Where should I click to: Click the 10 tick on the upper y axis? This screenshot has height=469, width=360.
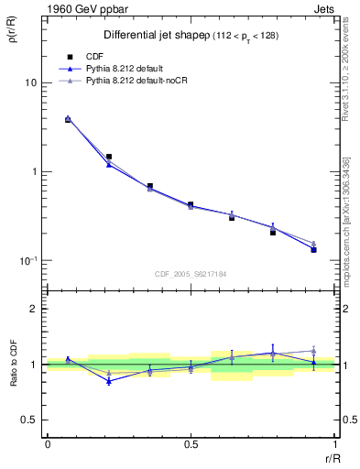pos(31,82)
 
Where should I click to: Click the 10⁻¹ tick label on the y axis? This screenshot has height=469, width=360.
pos(28,261)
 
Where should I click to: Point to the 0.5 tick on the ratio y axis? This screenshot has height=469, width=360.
pos(31,420)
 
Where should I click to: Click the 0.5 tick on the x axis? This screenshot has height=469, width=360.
pos(191,444)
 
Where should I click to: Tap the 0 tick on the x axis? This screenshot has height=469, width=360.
pos(47,444)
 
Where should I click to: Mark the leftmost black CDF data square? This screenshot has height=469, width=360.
pos(68,120)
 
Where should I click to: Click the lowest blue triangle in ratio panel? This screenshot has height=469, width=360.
pos(109,381)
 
